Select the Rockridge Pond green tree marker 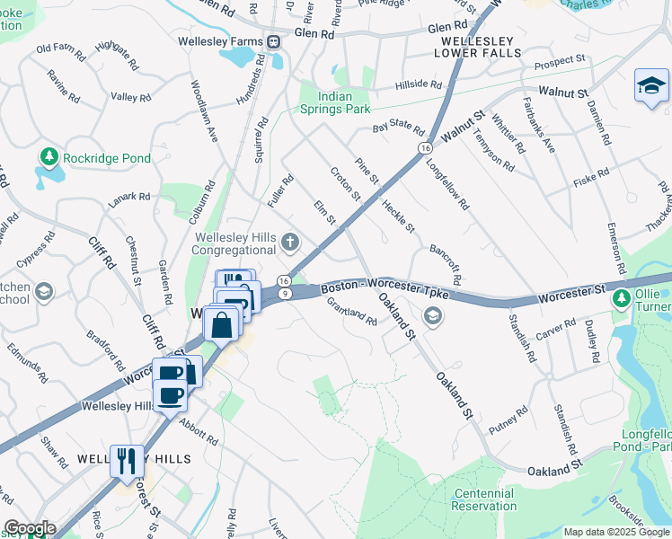coord(48,158)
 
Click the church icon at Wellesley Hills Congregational coord(289,241)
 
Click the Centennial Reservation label coord(484,500)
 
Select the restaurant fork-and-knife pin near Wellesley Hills coord(127,461)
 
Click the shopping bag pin coord(221,325)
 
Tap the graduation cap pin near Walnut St coord(651,86)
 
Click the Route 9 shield coord(284,294)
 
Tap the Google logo coord(29,528)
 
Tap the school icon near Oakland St coord(433,315)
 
